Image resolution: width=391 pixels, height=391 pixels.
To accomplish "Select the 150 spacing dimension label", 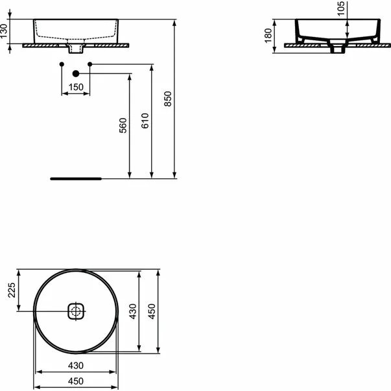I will pos(75,88).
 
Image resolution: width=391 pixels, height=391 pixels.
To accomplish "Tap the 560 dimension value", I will pos(123,125).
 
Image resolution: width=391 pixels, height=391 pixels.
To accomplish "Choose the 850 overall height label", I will pos(168,98).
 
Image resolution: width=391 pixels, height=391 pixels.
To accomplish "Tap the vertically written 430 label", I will pos(133,311).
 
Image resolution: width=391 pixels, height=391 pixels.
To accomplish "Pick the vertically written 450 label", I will pos(152,311).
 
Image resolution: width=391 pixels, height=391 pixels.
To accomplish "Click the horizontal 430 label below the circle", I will pos(76,366).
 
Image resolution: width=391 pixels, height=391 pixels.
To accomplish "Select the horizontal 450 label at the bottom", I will pos(76,381).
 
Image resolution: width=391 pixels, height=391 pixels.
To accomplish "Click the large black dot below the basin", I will pos(76,73).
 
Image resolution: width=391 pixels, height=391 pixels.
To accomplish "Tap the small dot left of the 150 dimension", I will pos(62,64).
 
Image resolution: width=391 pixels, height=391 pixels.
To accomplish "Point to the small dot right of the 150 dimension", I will pos(90,64).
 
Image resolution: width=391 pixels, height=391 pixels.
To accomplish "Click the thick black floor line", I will pos(76,176).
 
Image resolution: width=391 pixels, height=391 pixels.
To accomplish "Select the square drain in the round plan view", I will pos(76,312).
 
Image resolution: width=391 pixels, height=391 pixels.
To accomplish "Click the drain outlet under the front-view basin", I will pos(76,49).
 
